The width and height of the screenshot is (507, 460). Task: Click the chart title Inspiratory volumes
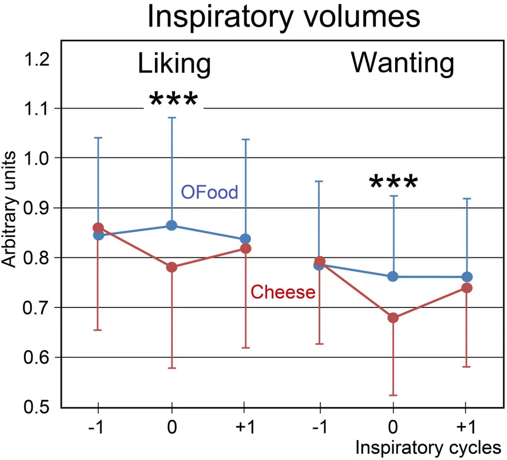tap(284, 18)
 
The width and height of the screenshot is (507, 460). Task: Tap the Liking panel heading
tap(174, 64)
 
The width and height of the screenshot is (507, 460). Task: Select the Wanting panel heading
tap(402, 63)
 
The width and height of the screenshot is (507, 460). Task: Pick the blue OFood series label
tap(209, 192)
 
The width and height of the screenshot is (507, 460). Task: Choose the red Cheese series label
tap(283, 292)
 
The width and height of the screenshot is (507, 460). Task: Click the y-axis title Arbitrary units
tap(11, 210)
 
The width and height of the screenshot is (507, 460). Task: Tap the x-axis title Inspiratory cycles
tap(428, 448)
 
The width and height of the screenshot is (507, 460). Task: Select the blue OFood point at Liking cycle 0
tap(172, 226)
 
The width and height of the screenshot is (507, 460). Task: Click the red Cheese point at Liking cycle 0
tap(172, 267)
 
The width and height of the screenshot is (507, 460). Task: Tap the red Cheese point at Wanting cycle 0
tap(393, 318)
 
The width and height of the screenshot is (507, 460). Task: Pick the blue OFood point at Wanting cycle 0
tap(393, 276)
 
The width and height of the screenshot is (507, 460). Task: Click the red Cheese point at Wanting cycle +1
tap(466, 288)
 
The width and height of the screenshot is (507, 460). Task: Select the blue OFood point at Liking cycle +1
tap(245, 239)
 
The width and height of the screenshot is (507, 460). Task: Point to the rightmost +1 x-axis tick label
tap(466, 427)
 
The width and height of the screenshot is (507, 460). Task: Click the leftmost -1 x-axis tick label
tap(97, 427)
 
